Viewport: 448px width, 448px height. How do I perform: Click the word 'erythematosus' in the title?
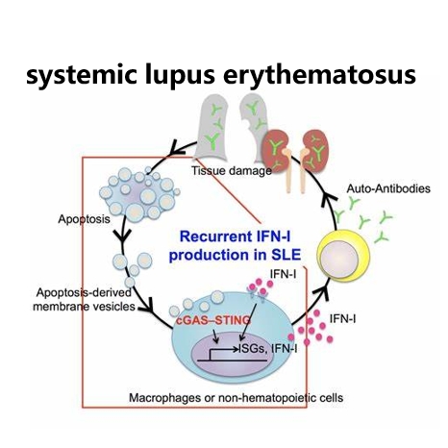click(x=319, y=76)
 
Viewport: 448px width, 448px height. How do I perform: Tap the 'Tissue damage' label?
click(x=232, y=171)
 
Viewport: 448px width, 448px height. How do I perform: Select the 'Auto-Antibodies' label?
click(x=388, y=188)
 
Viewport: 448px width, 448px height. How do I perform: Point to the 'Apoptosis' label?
click(x=84, y=219)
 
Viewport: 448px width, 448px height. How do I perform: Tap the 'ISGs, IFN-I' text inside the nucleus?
click(x=267, y=349)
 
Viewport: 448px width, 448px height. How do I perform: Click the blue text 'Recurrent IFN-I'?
click(x=235, y=236)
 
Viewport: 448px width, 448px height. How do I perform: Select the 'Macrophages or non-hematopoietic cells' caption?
click(x=236, y=398)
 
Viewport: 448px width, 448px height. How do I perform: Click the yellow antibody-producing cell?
click(x=343, y=256)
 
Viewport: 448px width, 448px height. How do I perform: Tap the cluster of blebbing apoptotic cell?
click(x=138, y=194)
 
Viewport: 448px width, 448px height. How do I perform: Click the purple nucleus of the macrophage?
click(x=232, y=354)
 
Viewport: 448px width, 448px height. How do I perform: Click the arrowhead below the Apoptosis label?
click(x=122, y=236)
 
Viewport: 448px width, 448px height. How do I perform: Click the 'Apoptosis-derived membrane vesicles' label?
click(x=84, y=300)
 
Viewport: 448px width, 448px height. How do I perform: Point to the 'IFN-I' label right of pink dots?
click(x=342, y=319)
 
